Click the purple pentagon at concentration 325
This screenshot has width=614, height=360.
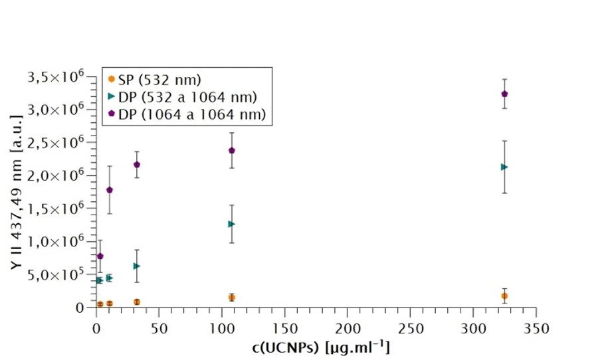(x=504, y=94)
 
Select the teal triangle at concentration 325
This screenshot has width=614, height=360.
(x=504, y=167)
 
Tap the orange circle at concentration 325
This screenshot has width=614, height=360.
(x=504, y=296)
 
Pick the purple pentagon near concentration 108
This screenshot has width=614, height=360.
(x=232, y=150)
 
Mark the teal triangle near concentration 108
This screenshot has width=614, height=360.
(x=232, y=224)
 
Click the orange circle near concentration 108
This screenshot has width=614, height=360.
(x=232, y=298)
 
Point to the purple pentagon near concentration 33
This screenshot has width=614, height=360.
(x=137, y=164)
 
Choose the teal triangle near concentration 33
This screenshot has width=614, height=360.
(x=137, y=266)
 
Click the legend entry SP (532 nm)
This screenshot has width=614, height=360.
(x=159, y=81)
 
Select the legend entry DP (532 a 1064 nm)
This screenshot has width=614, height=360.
(x=187, y=98)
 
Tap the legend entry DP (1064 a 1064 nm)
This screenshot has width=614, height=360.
(x=192, y=115)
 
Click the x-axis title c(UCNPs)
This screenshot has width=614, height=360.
(x=316, y=347)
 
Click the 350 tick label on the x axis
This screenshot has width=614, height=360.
(x=536, y=328)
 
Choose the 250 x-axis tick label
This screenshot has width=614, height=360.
(x=410, y=328)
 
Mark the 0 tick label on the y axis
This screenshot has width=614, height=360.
(x=80, y=308)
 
